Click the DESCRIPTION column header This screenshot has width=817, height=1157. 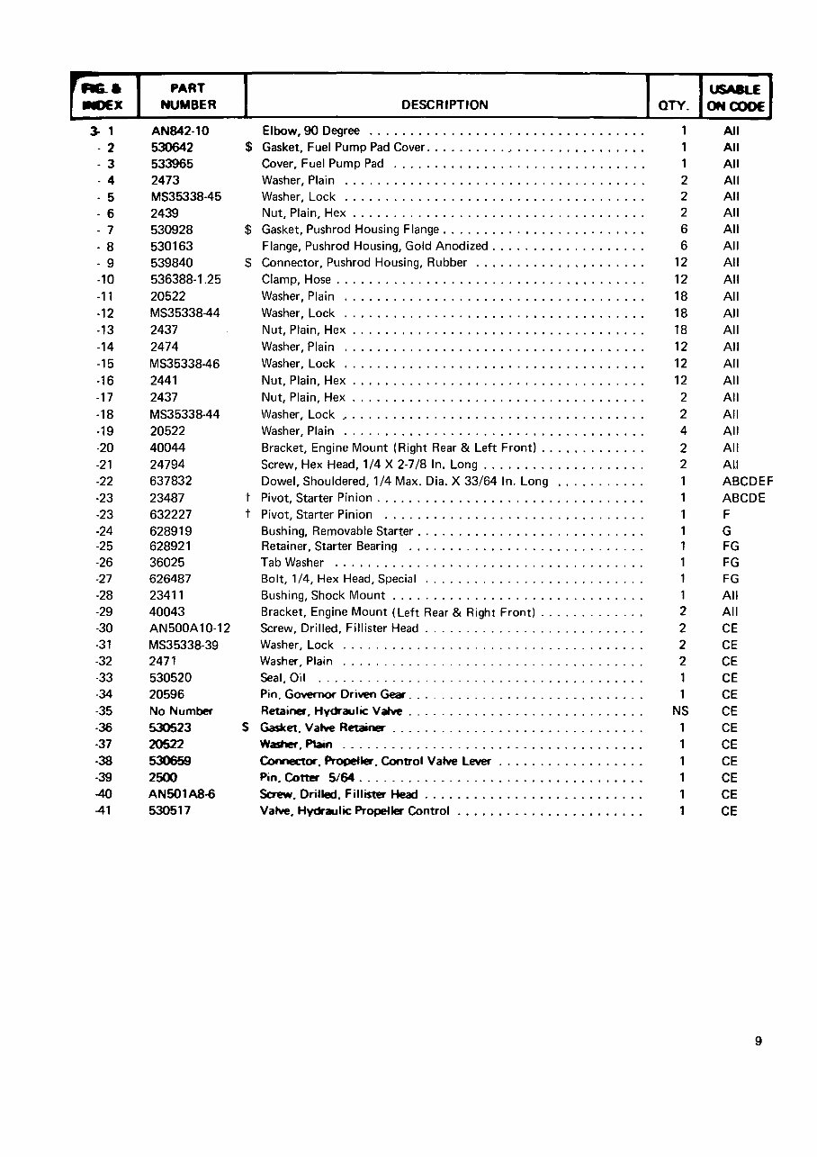coord(444,104)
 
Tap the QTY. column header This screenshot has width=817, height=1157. coord(673,105)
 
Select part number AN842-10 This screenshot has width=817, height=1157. coord(180,131)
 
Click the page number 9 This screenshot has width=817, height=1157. coord(759,1042)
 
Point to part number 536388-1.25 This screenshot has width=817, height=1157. coord(185,279)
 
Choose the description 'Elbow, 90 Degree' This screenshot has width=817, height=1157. coord(310,131)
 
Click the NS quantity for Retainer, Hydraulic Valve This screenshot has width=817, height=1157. coord(680,711)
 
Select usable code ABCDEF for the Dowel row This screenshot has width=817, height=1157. coord(748,482)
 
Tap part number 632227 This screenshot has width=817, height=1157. coord(171,515)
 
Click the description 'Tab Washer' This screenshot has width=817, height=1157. coord(292,562)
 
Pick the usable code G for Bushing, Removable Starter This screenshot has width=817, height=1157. coord(727,531)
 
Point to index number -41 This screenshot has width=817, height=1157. coord(105,810)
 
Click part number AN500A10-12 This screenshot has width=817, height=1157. coord(190,628)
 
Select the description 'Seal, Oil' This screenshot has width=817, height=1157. coord(283,678)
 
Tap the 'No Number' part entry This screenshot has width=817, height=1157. coord(181,711)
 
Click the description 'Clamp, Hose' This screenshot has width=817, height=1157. coord(296,279)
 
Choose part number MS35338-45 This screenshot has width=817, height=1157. coord(186,196)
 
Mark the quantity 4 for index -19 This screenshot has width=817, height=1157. coord(684,431)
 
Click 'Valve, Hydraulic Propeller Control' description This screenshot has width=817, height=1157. coord(355,810)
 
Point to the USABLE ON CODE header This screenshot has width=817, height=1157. coord(735,97)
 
